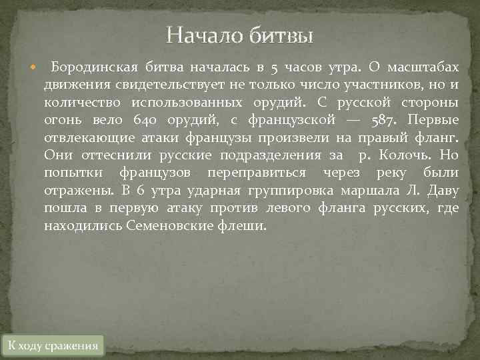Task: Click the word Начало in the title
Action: point(204,34)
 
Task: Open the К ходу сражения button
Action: point(53,345)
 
